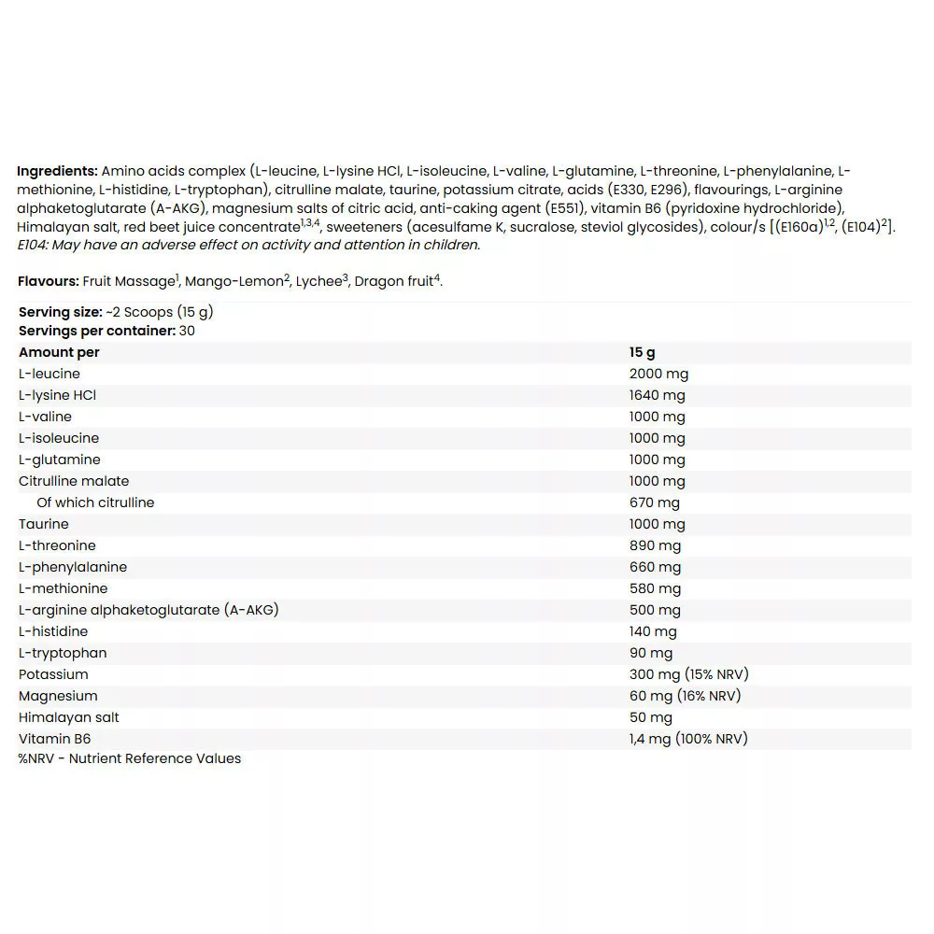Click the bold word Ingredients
tap(57, 171)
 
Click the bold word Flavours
tap(48, 281)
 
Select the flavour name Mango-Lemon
tap(237, 281)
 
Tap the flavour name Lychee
tap(318, 281)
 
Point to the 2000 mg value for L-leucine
tap(658, 374)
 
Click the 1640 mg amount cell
tap(657, 395)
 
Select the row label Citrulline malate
tap(74, 481)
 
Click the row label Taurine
tap(44, 524)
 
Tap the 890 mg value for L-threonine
tap(655, 545)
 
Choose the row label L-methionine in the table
tap(64, 588)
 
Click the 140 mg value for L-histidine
tap(654, 631)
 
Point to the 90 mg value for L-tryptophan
tap(650, 653)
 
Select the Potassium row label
tap(53, 674)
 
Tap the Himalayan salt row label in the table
tap(69, 717)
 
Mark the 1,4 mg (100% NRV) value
tap(688, 739)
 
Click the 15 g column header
tap(643, 352)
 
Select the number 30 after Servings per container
tap(187, 331)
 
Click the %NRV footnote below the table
tap(130, 758)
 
